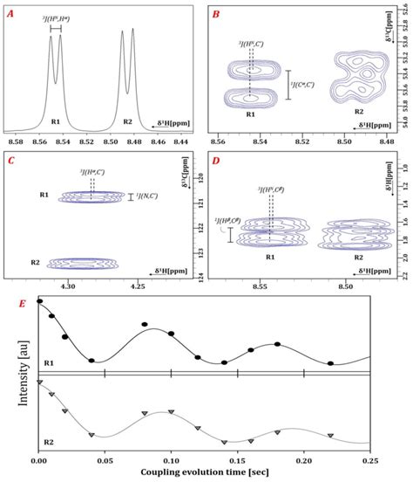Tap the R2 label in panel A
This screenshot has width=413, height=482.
127,121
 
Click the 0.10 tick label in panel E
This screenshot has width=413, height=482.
171,458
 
